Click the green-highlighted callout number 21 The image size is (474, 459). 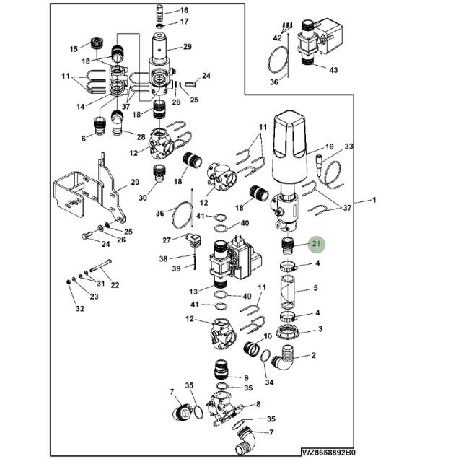316,245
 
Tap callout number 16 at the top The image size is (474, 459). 184,11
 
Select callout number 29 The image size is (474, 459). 187,47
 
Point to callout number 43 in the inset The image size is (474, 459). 333,70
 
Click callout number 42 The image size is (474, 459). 278,38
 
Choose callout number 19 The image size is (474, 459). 329,147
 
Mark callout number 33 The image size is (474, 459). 349,147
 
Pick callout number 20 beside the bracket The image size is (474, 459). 134,183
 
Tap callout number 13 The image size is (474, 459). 193,292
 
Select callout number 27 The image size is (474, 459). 167,240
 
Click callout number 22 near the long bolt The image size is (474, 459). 114,284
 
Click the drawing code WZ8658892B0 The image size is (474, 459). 328,453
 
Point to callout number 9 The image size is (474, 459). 245,377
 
